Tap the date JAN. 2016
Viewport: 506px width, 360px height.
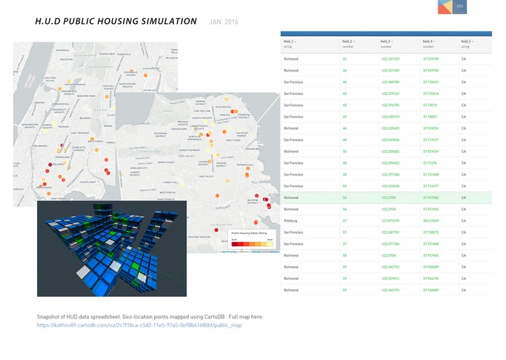[x=224, y=22]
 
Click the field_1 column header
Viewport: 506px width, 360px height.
[x=290, y=42]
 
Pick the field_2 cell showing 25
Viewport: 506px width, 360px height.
[x=344, y=58]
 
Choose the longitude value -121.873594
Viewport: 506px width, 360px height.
[x=391, y=221]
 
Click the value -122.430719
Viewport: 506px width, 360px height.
[x=391, y=116]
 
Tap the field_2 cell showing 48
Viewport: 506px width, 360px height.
[x=344, y=139]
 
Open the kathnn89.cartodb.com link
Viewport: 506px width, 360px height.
[x=139, y=325]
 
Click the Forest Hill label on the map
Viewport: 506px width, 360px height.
[x=171, y=181]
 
